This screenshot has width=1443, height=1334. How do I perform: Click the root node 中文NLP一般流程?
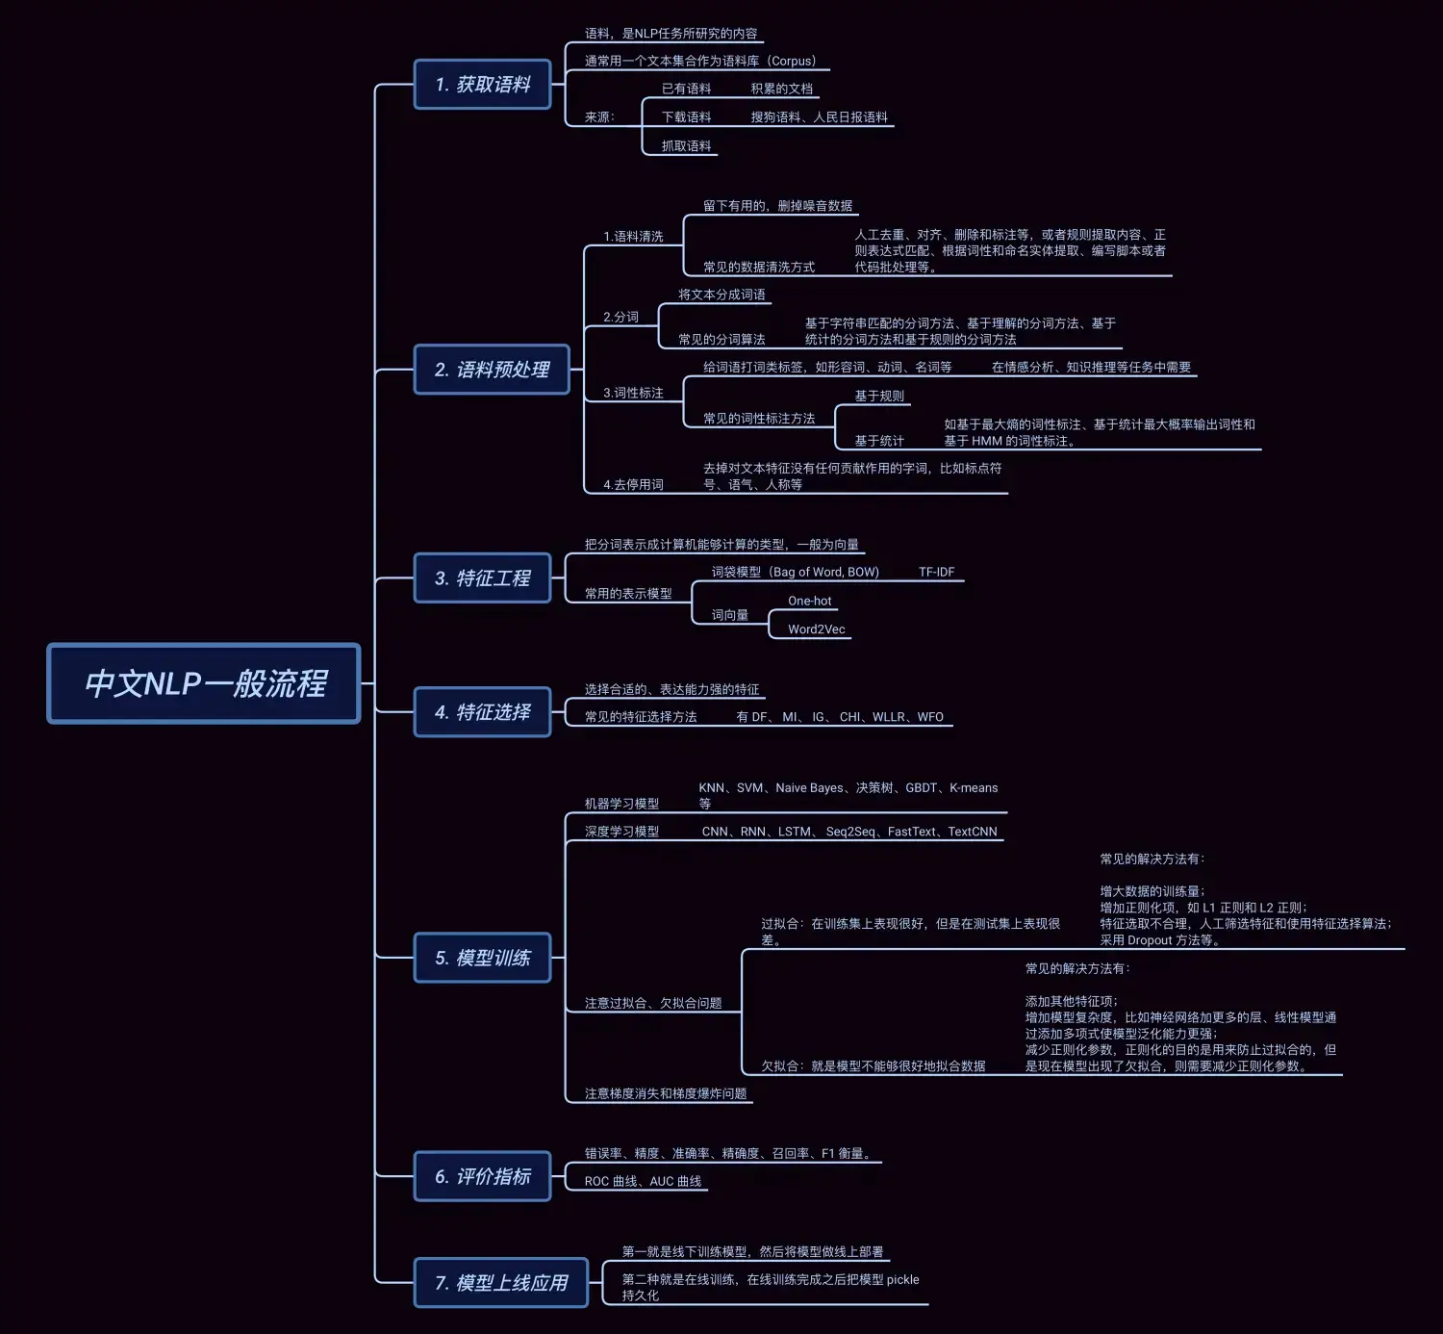click(x=204, y=683)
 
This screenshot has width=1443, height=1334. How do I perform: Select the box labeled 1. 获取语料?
click(x=482, y=85)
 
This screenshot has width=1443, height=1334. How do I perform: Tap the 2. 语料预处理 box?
click(x=492, y=370)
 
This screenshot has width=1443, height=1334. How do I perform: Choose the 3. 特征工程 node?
click(x=482, y=578)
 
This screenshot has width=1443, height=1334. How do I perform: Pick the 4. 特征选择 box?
click(x=482, y=712)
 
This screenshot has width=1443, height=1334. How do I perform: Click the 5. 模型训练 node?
click(x=482, y=958)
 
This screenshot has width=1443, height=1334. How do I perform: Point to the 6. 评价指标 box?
click(x=482, y=1176)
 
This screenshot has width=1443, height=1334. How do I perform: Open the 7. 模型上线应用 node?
click(x=500, y=1283)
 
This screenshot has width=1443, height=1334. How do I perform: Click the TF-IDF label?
click(x=936, y=572)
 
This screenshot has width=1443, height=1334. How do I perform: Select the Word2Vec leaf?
click(x=816, y=629)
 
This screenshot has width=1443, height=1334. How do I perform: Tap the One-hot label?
click(x=809, y=601)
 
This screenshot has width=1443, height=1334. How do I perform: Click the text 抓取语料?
click(x=686, y=146)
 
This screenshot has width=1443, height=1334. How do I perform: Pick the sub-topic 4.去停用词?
click(x=633, y=485)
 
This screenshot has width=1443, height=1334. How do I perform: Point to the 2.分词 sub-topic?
click(x=620, y=317)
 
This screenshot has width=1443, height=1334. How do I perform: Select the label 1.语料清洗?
click(x=633, y=237)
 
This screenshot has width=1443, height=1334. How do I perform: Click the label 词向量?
click(x=729, y=615)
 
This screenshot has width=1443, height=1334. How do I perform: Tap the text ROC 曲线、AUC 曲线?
click(x=643, y=1181)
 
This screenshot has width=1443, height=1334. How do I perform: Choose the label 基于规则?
click(x=879, y=396)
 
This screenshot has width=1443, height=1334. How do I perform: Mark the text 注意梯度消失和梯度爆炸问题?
click(x=665, y=1093)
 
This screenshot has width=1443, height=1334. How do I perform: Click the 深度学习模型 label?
click(x=621, y=832)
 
